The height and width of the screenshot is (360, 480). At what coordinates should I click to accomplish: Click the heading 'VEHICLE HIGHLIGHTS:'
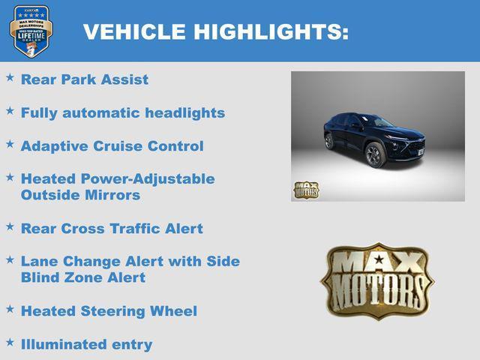click(215, 31)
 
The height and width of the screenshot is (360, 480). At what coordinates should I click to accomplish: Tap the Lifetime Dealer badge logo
click(31, 31)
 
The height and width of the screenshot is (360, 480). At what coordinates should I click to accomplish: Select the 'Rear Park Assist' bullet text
click(85, 79)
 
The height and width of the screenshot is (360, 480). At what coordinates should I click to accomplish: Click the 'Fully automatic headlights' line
click(123, 113)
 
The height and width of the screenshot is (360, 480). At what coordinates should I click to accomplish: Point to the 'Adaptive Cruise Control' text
click(112, 146)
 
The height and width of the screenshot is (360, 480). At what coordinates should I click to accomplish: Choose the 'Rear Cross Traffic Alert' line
click(112, 229)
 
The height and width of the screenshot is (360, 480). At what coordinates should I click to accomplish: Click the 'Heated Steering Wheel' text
click(109, 311)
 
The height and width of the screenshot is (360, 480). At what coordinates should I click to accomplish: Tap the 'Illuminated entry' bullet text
click(86, 345)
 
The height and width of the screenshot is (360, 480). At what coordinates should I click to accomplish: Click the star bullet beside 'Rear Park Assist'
click(10, 77)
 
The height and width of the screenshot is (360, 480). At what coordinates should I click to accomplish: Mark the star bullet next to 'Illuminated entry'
click(10, 342)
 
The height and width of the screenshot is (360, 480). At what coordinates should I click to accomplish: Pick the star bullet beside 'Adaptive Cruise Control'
click(10, 143)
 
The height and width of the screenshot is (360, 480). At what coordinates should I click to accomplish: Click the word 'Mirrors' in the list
click(112, 195)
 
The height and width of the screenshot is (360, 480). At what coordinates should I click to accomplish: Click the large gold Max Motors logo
click(377, 280)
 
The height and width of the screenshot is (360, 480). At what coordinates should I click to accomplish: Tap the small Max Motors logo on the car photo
click(306, 190)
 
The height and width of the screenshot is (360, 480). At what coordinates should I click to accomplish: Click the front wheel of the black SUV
click(373, 154)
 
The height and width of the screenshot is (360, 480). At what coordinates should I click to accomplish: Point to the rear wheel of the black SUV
click(329, 140)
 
